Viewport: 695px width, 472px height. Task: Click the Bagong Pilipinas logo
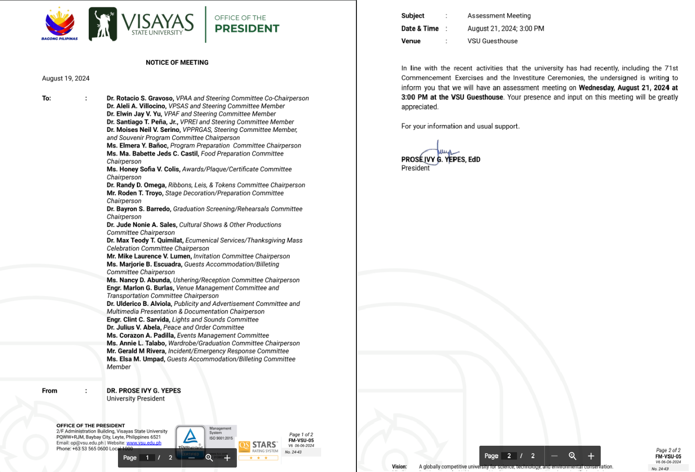pyautogui.click(x=59, y=24)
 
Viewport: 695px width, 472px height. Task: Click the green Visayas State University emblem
pyautogui.click(x=103, y=24)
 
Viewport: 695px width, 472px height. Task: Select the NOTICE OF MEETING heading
pyautogui.click(x=177, y=62)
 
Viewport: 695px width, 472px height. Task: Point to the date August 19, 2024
pyautogui.click(x=66, y=78)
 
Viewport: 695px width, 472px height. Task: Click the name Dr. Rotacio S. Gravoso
pyautogui.click(x=140, y=98)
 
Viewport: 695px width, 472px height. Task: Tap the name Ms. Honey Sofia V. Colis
pyautogui.click(x=143, y=169)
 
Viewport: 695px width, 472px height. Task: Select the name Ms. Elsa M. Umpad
pyautogui.click(x=136, y=359)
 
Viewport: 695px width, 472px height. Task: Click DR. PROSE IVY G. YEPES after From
pyautogui.click(x=144, y=391)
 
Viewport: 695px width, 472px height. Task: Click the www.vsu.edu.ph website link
pyautogui.click(x=144, y=443)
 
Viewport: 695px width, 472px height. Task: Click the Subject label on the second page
pyautogui.click(x=412, y=16)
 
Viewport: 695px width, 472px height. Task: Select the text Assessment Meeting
pyautogui.click(x=499, y=16)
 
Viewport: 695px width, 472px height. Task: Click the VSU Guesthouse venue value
pyautogui.click(x=492, y=41)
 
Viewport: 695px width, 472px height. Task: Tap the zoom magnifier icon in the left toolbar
pyautogui.click(x=209, y=458)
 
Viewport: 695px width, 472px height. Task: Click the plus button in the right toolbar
pyautogui.click(x=591, y=456)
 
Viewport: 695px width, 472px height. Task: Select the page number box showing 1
pyautogui.click(x=147, y=458)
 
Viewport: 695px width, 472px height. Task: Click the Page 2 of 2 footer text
pyautogui.click(x=668, y=450)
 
